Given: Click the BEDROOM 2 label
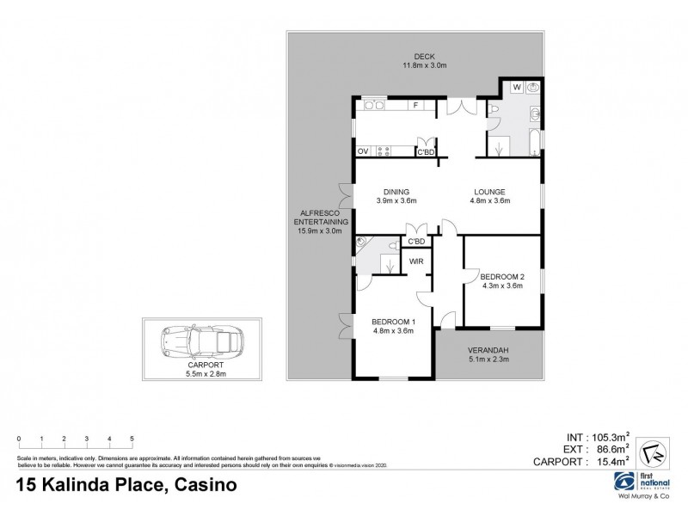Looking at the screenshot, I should pyautogui.click(x=503, y=276).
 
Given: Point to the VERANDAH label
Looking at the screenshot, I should pyautogui.click(x=488, y=351).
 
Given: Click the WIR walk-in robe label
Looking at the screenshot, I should pyautogui.click(x=416, y=261).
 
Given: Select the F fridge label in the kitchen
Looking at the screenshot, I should pyautogui.click(x=416, y=106).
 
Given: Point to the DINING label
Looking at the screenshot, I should pyautogui.click(x=396, y=192).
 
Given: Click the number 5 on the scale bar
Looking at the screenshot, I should pyautogui.click(x=132, y=439).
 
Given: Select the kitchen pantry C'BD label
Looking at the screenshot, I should pyautogui.click(x=426, y=153).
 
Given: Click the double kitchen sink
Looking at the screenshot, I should pyautogui.click(x=374, y=106).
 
